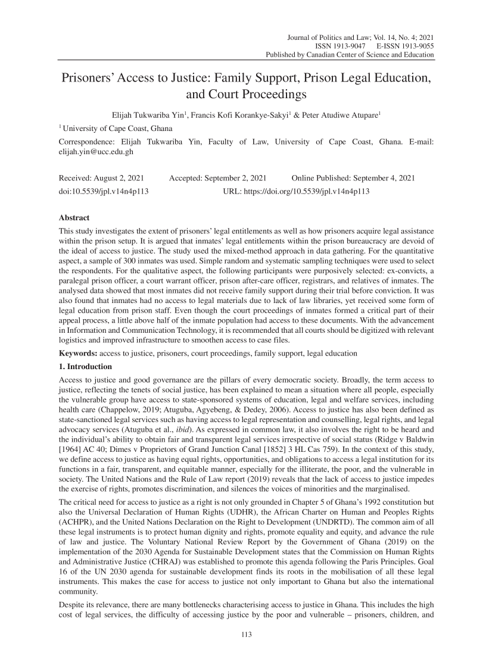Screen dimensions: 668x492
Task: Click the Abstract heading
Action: tap(74, 218)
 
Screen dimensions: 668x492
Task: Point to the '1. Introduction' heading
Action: tap(85, 366)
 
